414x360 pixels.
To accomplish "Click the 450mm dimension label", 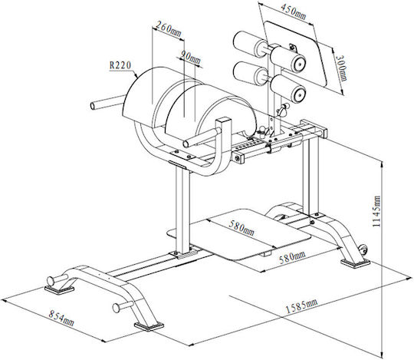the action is [293, 12].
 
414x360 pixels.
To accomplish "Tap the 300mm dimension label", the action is [341, 68].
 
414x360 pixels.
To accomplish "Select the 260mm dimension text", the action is [168, 29].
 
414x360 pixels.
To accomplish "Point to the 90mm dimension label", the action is [190, 58].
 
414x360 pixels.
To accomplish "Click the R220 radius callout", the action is [120, 65].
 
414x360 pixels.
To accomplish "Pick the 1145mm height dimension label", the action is [376, 211].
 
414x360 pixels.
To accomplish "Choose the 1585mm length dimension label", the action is [302, 306].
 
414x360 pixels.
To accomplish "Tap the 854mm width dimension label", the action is [61, 318].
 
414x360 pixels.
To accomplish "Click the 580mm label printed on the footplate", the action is [242, 228].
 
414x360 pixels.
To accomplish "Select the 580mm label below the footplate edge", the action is [292, 257].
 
